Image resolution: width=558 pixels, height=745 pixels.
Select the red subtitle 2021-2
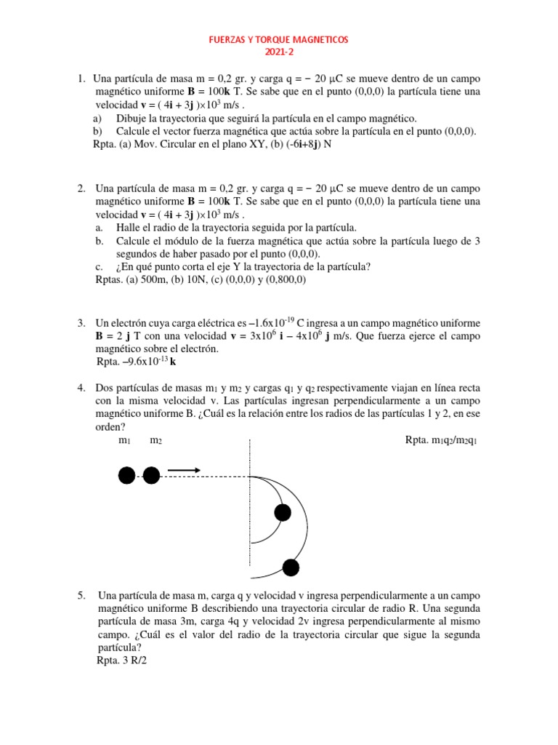coord(279,52)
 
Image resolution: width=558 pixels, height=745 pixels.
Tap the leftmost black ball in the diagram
coord(126,476)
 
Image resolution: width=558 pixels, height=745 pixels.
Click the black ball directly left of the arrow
coord(151,476)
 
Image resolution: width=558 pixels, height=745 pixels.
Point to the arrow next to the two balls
coord(184,471)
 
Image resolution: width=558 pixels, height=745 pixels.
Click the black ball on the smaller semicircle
coord(281,513)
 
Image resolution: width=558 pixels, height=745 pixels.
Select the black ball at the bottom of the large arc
coord(291,567)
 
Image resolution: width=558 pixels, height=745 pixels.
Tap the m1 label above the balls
coord(124,440)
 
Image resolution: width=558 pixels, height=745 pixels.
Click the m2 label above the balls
coord(156,440)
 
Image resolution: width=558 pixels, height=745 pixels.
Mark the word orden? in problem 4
coord(110,427)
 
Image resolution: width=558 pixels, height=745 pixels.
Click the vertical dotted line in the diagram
coord(251,509)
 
